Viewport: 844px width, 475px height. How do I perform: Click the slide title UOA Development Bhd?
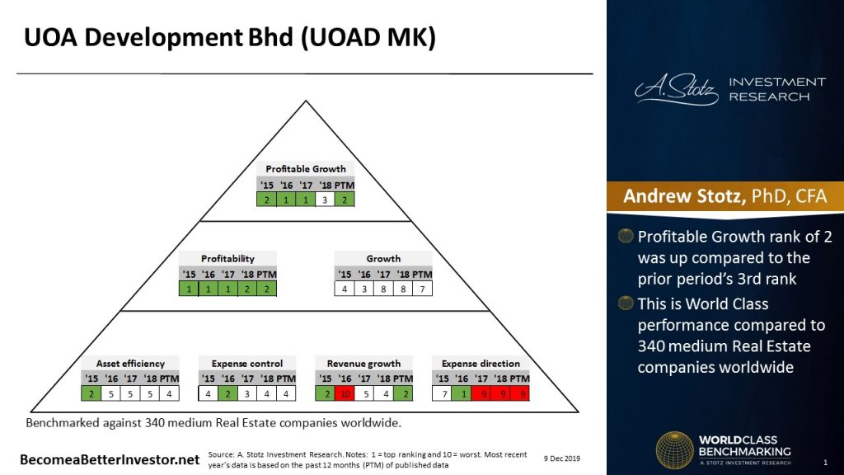[229, 38]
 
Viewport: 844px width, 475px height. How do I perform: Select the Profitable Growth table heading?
[306, 169]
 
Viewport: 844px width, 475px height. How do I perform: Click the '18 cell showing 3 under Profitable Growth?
[325, 199]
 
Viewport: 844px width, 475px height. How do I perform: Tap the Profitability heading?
[227, 259]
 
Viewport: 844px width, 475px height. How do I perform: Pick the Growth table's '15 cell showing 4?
[345, 289]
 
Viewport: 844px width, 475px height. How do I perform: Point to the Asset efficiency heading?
[130, 364]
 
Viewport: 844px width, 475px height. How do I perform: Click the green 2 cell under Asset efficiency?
[91, 393]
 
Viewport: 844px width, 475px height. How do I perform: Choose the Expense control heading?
[247, 364]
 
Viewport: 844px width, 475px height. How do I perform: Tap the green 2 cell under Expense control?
[227, 393]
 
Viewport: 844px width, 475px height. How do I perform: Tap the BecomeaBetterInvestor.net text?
[110, 459]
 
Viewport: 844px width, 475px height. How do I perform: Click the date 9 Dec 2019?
[562, 458]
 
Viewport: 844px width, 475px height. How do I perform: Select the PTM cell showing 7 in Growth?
[422, 289]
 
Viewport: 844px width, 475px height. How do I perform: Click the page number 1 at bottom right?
[825, 461]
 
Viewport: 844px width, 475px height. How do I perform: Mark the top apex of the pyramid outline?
[305, 101]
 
